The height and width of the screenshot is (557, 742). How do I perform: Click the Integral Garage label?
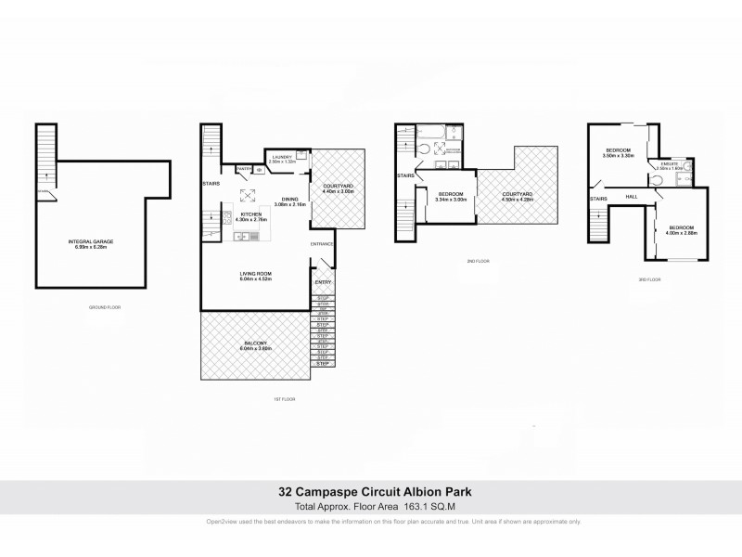click(x=92, y=243)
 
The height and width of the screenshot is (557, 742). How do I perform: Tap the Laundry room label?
click(x=282, y=157)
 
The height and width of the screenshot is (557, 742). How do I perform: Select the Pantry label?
click(x=245, y=168)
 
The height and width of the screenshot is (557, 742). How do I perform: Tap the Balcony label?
click(x=256, y=345)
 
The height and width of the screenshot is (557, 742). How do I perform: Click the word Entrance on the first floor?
click(x=322, y=244)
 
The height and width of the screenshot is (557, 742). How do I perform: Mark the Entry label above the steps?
click(x=324, y=282)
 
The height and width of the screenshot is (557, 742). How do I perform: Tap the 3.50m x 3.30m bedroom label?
click(x=619, y=152)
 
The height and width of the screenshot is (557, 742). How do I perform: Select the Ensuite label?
click(x=672, y=167)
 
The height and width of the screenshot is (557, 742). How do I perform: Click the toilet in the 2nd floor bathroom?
click(x=426, y=148)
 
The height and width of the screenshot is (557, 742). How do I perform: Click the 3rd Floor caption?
click(x=649, y=278)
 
